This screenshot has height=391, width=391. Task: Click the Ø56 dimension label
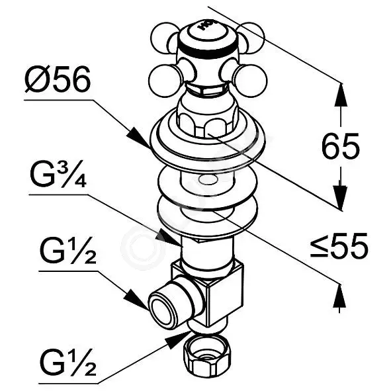click(58, 79)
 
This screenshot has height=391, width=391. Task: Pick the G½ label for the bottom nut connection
click(68, 362)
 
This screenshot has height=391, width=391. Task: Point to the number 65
click(341, 146)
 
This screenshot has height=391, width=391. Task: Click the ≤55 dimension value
click(339, 245)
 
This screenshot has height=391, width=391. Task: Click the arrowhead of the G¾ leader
click(170, 238)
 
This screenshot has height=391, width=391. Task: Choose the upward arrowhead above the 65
click(340, 95)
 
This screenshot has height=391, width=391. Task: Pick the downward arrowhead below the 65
click(340, 197)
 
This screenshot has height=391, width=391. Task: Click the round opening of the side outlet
click(161, 309)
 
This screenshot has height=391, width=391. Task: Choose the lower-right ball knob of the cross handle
click(250, 81)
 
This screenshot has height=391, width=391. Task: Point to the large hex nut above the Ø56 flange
click(206, 124)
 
